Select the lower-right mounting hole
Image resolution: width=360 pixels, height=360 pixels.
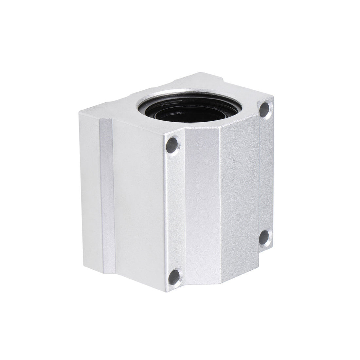tap(265, 236)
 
